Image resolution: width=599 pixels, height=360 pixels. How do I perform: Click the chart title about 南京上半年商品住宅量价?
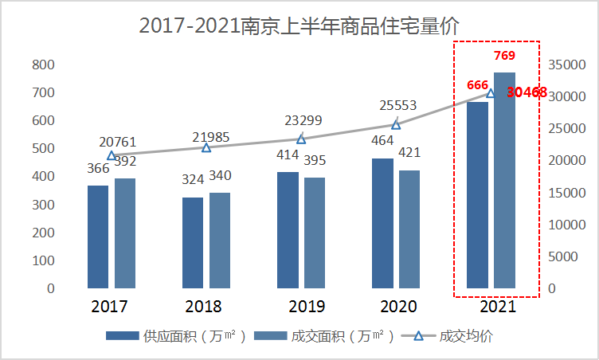[x=299, y=25]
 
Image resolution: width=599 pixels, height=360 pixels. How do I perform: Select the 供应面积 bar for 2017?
[x=98, y=237]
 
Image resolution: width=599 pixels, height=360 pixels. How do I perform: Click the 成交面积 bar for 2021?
[x=504, y=180]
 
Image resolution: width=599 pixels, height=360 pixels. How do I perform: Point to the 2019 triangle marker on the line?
[x=301, y=139]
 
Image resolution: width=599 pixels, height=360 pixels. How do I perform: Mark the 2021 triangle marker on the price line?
[x=491, y=93]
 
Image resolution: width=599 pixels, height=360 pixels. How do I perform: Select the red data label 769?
[x=504, y=56]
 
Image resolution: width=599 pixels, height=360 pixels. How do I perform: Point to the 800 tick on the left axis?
[x=44, y=65]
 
